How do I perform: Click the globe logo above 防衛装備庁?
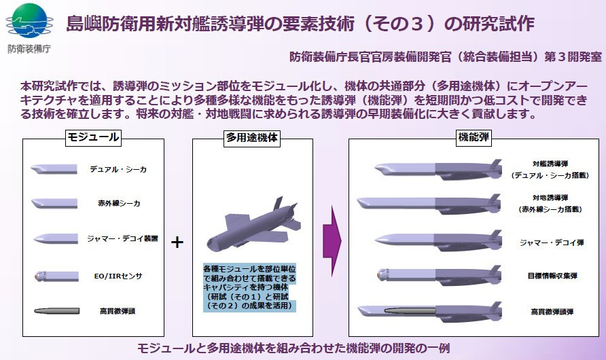pos(29,21)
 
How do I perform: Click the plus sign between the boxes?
pos(177,242)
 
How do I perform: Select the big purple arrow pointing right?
pos(332,241)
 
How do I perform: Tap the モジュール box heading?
pos(93,137)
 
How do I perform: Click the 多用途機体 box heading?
pos(251,138)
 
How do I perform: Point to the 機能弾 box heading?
pos(474,137)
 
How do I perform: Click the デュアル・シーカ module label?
pos(118,169)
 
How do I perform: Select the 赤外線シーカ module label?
pos(119,203)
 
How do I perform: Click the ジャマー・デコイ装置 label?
pos(122,238)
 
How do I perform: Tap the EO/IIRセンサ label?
pos(118,276)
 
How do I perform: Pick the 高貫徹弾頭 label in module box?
pos(117,311)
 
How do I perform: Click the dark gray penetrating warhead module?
pos(56,311)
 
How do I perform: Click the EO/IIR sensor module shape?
pos(56,276)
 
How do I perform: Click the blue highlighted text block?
pos(249,287)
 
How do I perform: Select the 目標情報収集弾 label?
pos(552,276)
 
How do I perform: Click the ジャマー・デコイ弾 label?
pos(552,242)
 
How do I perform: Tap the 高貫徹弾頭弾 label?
pos(552,312)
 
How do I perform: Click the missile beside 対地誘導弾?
pos(429,204)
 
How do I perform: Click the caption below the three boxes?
pos(293,348)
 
